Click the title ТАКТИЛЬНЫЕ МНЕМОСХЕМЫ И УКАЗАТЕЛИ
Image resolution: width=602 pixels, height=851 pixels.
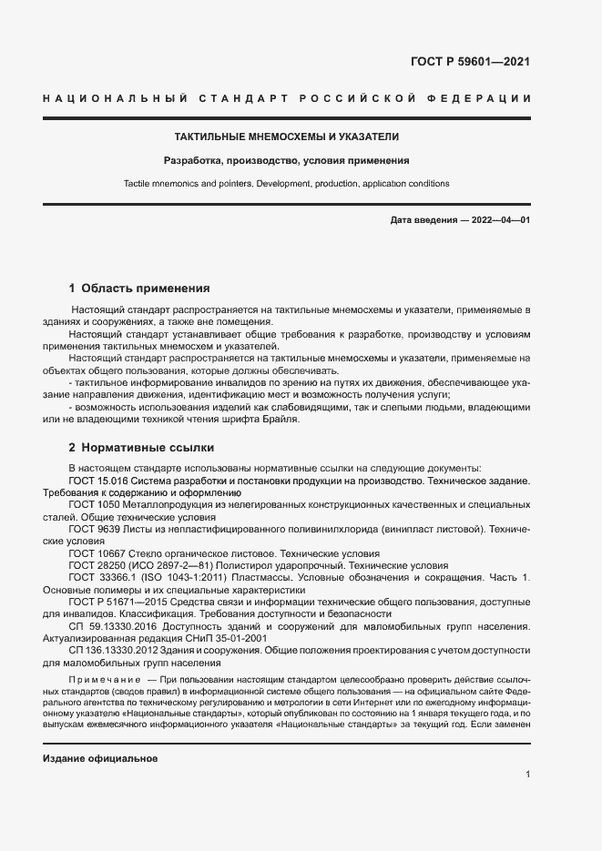[286, 137]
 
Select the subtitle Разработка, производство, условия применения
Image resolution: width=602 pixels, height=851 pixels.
[286, 160]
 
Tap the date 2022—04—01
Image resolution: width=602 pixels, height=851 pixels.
[498, 221]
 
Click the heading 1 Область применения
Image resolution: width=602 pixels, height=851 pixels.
[139, 288]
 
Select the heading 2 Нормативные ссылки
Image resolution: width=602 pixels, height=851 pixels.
[141, 448]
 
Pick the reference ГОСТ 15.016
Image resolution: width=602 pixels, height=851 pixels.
[98, 479]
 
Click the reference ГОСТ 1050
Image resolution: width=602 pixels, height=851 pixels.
[95, 503]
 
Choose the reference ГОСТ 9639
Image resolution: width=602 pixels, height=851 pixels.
[95, 528]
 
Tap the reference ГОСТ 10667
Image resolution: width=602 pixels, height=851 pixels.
[97, 553]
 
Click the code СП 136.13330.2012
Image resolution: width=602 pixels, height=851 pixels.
[116, 652]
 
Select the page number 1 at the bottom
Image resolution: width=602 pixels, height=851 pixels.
[527, 774]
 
